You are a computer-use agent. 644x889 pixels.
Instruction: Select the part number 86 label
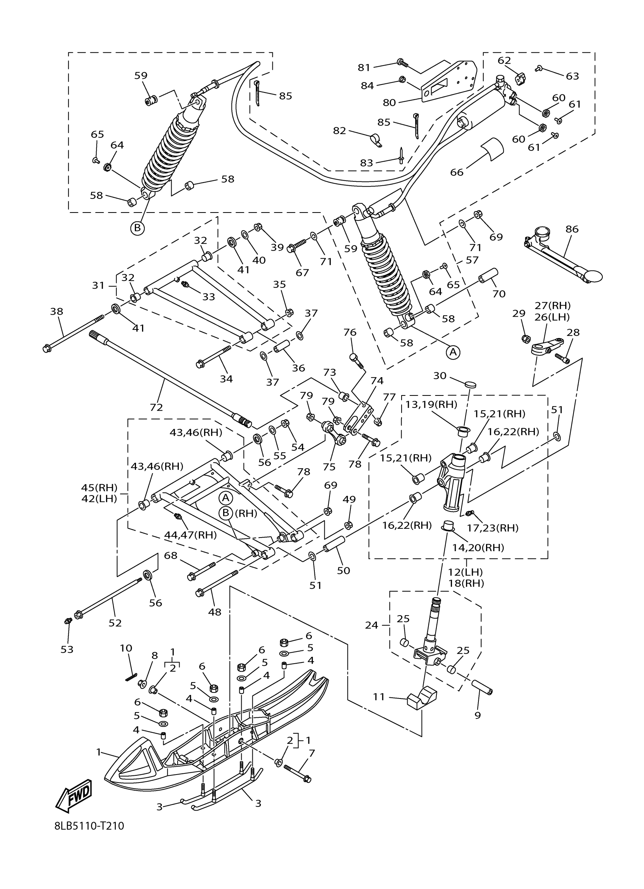pos(572,229)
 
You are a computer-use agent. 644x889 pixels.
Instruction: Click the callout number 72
pos(156,407)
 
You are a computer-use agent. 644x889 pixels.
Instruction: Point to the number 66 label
pos(456,172)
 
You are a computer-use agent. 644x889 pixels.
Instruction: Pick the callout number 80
pos(389,103)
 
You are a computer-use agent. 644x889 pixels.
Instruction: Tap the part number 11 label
pos(379,697)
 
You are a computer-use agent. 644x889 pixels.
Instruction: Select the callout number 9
pos(477,716)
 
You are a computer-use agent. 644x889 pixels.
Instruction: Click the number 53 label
pos(67,650)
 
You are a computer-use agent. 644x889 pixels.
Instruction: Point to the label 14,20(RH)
pos(478,548)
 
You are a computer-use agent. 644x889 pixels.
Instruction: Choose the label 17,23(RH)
pos(493,528)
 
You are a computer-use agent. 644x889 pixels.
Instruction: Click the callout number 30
pos(440,375)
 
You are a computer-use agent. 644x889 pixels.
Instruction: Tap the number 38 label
pos(56,311)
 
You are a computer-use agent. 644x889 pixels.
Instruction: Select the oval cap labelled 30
pos(471,384)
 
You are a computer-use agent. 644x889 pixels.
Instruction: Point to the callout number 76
pos(350,333)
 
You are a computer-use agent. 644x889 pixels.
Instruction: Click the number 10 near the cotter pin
pos(126,648)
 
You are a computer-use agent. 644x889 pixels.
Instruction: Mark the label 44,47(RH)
pos(191,535)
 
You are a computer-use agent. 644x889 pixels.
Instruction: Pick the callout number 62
pos(505,60)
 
